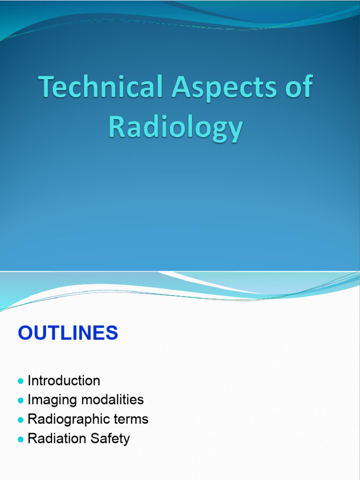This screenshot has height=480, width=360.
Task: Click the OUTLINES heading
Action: [x=68, y=333]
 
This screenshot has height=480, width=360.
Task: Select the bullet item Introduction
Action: [x=64, y=381]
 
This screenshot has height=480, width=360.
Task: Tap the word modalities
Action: [x=112, y=400]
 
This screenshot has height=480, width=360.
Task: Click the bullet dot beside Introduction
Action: [x=20, y=381]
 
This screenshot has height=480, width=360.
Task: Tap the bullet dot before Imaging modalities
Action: [x=20, y=401]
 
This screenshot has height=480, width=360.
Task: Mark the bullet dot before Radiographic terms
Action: [x=20, y=420]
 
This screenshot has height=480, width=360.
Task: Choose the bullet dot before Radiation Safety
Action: [x=20, y=440]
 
